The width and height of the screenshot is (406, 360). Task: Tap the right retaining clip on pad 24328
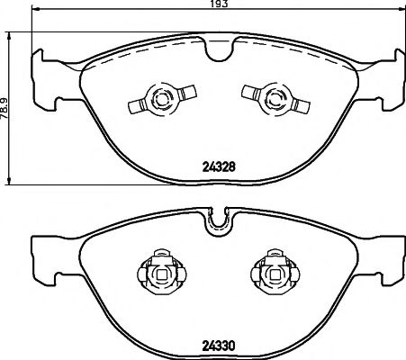point(266,97)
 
